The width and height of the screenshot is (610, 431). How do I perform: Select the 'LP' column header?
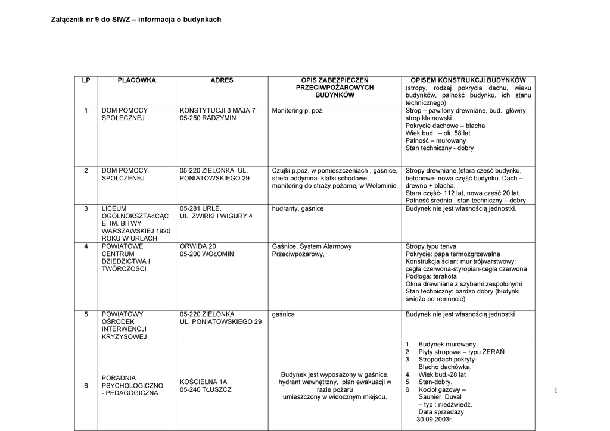point(86,80)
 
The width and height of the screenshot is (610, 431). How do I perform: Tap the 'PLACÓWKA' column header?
point(136,80)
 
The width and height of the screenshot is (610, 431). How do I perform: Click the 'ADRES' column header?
point(222,80)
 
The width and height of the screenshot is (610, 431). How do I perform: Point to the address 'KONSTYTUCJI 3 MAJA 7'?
point(217,111)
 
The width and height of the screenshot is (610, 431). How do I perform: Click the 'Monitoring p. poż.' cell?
point(298,111)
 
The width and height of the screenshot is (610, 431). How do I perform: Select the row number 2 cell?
point(86,171)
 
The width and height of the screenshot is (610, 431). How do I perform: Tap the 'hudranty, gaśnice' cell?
point(298,209)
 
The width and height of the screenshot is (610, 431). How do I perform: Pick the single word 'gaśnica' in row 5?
point(284,314)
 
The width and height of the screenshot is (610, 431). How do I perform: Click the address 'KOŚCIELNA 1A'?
point(203,382)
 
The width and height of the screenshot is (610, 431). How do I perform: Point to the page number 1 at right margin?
point(555,391)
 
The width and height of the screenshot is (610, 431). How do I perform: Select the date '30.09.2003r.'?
point(434,419)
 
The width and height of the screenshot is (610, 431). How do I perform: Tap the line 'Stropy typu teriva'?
point(431,246)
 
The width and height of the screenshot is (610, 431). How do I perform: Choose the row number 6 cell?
point(86,386)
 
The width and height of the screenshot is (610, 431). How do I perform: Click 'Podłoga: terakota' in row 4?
point(431,277)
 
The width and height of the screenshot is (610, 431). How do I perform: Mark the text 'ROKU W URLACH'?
point(129,238)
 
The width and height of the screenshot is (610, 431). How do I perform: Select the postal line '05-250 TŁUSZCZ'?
point(206,389)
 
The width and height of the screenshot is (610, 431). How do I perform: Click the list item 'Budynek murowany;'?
point(448,345)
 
